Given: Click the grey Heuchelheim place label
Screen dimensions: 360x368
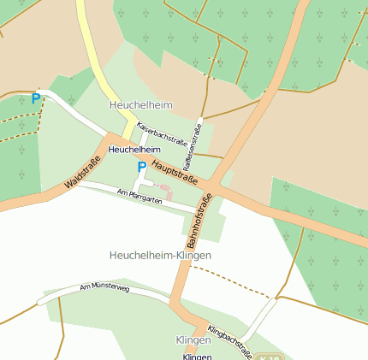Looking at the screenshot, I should tap(140, 104).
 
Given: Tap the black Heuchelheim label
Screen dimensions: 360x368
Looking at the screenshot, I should tap(134, 150).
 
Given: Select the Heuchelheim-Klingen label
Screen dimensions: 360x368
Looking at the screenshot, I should tap(160, 256).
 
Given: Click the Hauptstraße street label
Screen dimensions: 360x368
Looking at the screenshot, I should tap(175, 171).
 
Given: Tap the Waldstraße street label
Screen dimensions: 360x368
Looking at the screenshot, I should tap(82, 173).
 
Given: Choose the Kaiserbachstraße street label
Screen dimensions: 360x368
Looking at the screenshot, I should tap(162, 133).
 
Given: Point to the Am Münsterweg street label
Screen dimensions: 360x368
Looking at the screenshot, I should tap(104, 289).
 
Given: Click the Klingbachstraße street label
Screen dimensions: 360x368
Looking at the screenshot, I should tap(229, 340).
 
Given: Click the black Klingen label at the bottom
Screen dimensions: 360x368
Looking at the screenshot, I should tap(197, 356).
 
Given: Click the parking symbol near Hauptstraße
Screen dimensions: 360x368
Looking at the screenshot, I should tap(141, 168).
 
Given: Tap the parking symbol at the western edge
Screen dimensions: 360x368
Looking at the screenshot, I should tap(35, 99).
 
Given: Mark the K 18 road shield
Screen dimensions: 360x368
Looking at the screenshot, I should tap(268, 357).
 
